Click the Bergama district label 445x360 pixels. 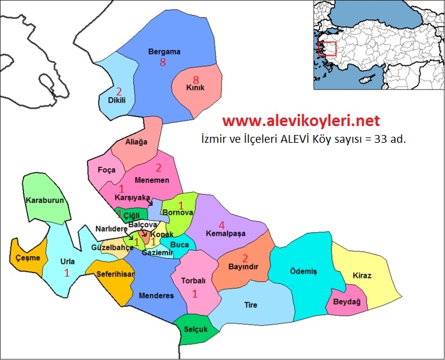tap(164, 52)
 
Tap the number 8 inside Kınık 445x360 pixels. tap(195, 80)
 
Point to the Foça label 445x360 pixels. tap(106, 170)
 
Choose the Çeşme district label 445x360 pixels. tap(28, 258)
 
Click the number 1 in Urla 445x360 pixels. tap(67, 272)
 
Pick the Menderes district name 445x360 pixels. tap(156, 296)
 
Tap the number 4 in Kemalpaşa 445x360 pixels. tap(221, 225)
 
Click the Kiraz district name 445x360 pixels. tap(362, 275)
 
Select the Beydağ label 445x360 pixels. tap(347, 302)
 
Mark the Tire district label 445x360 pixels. tap(250, 305)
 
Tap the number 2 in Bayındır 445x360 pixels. tap(245, 259)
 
